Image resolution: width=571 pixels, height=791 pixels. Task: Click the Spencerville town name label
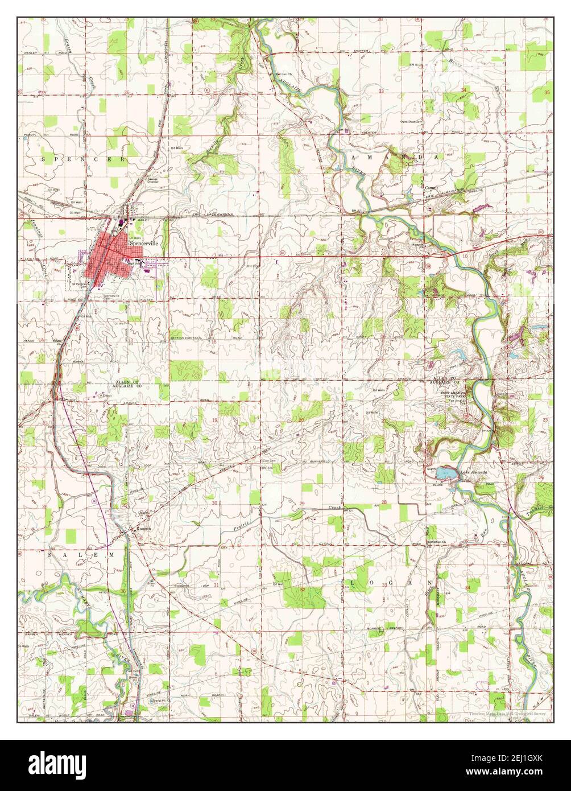(x=145, y=242)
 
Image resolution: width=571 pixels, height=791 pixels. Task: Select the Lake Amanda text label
(x=474, y=472)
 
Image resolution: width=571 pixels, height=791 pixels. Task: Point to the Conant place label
(x=432, y=188)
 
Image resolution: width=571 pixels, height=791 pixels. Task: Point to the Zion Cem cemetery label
(x=268, y=461)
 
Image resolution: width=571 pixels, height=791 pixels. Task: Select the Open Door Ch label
(x=411, y=121)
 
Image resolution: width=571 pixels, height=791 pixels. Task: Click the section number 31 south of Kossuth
(x=216, y=585)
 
